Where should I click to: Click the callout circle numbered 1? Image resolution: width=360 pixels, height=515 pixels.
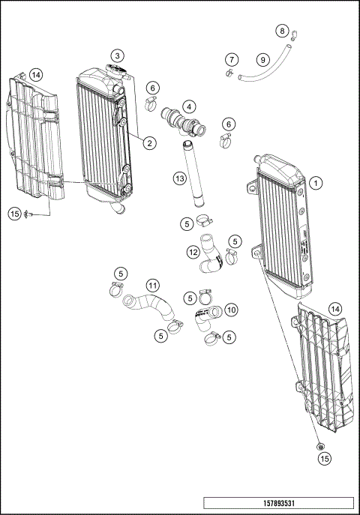coord(317,182)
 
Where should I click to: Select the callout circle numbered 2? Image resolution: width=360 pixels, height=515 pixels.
coord(150,142)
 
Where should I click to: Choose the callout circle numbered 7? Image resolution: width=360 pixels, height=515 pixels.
coord(232,59)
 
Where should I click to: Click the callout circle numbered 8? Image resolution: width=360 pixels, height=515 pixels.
coord(282,31)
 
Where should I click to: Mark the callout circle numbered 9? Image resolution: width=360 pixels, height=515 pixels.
coord(262,59)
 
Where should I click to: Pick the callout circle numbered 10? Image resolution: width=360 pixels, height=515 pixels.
coord(231,308)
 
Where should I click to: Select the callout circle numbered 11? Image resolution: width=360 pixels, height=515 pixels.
coord(152,286)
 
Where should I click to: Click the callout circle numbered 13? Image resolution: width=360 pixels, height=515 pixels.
coord(179,178)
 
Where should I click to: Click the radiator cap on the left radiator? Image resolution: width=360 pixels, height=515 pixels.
coord(116,71)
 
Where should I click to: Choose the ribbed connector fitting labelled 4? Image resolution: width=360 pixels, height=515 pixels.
coord(181,121)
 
